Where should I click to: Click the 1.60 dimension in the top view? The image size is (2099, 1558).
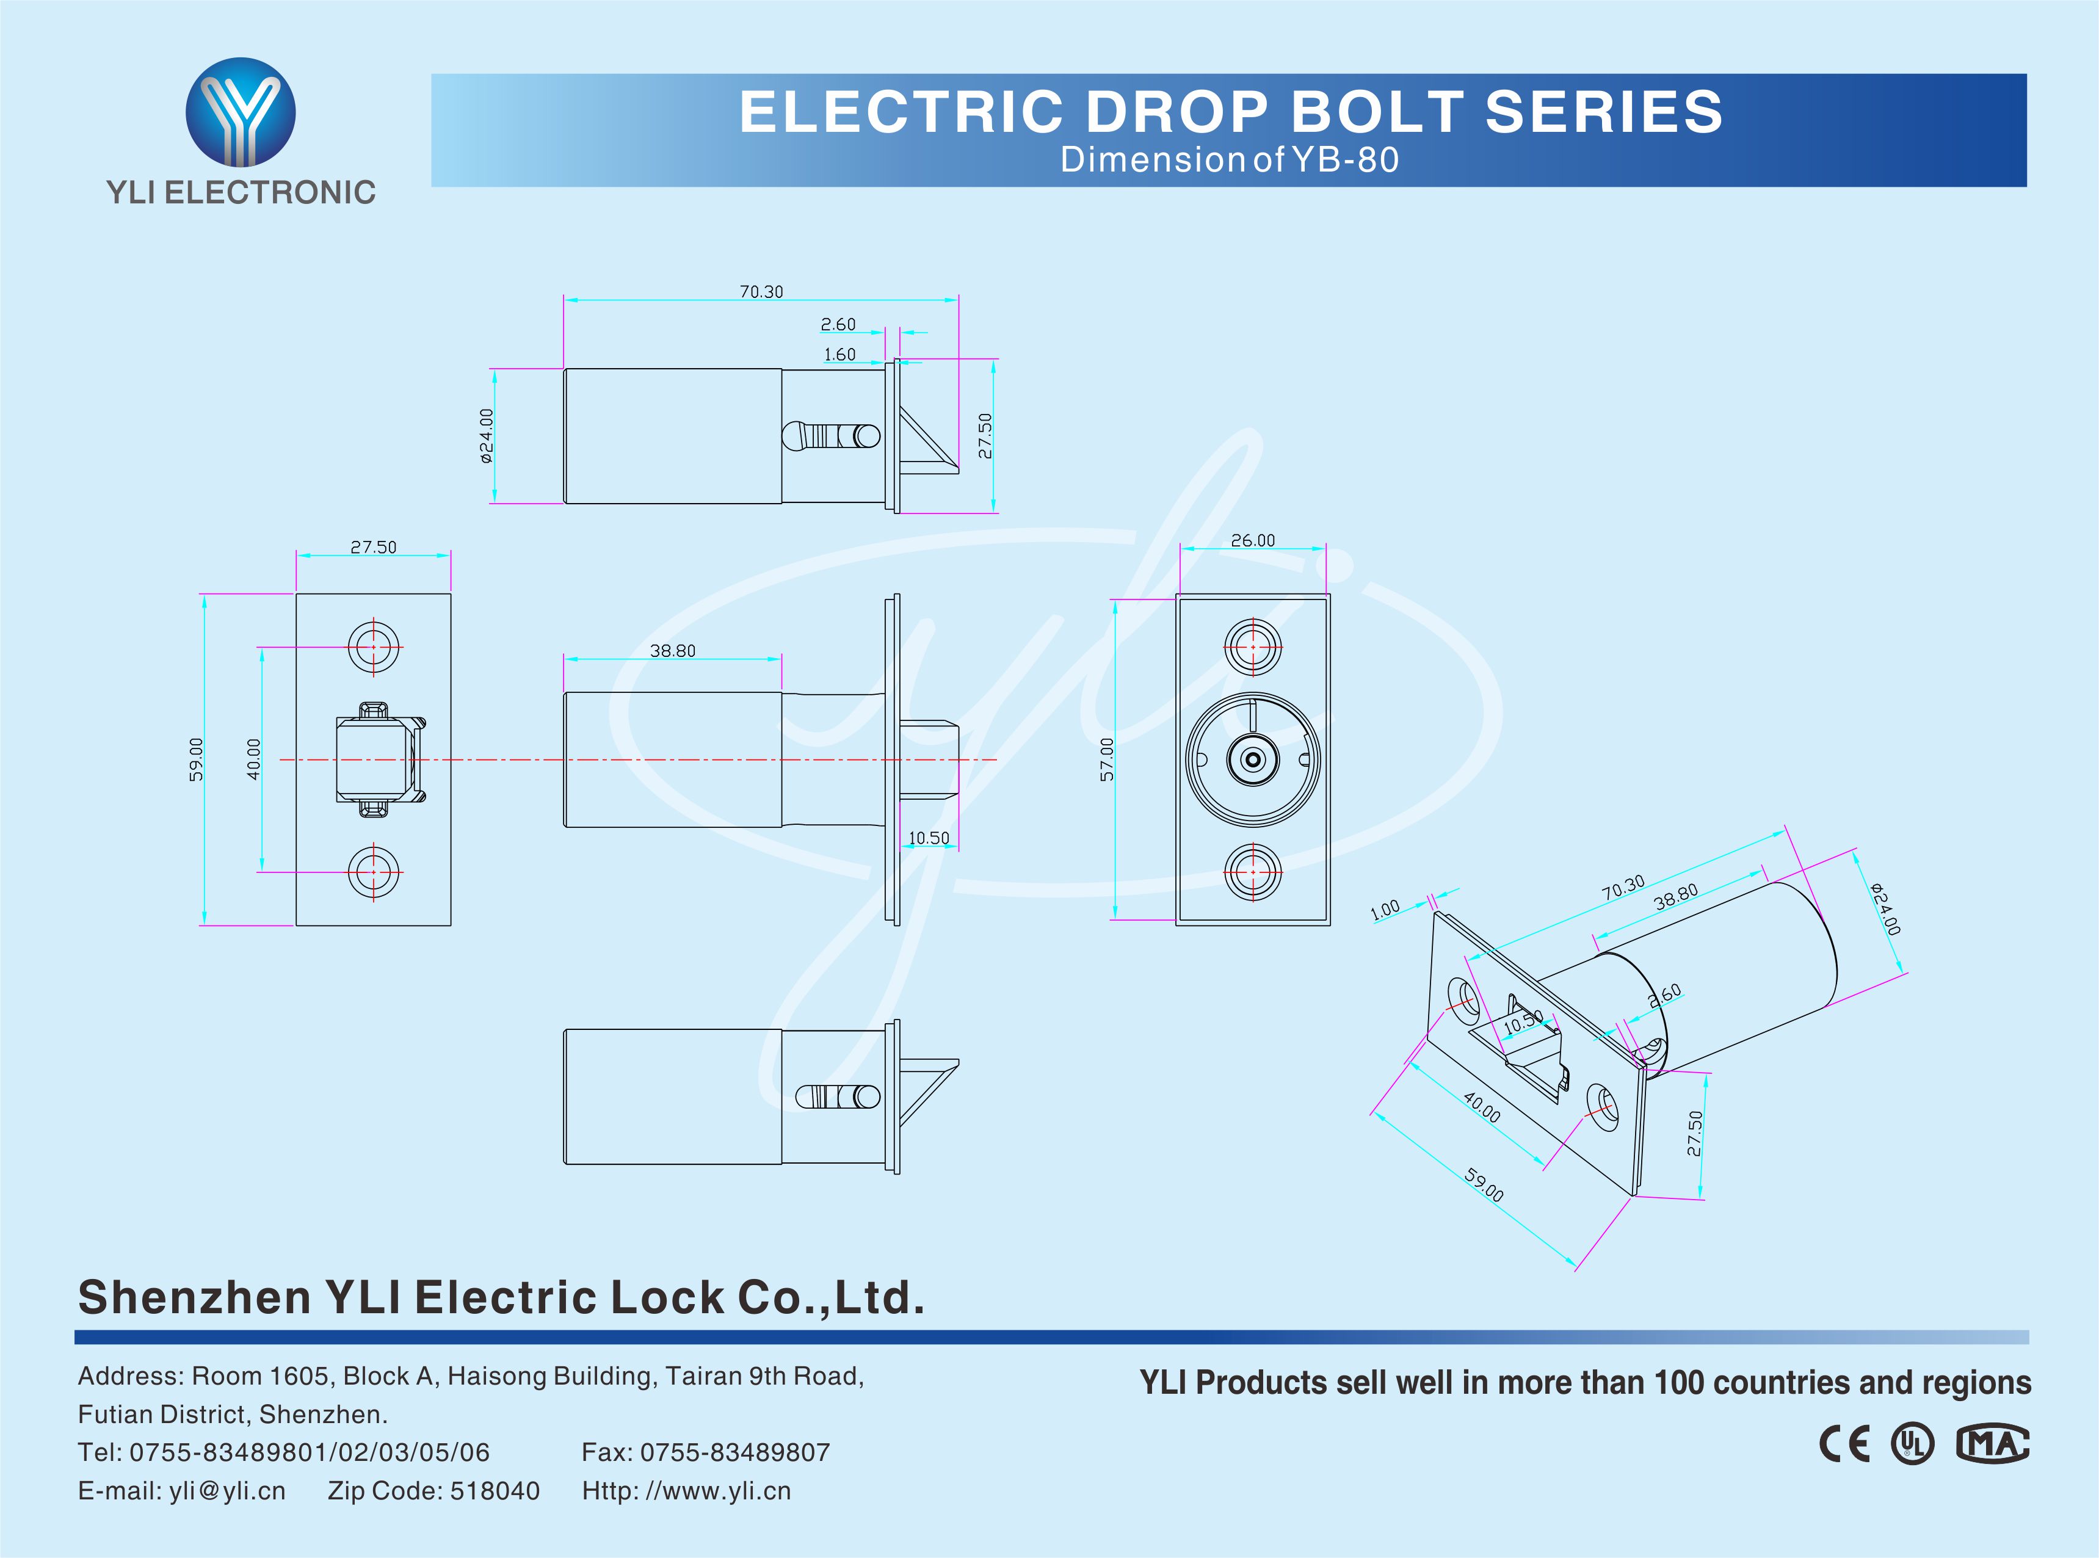[x=839, y=355]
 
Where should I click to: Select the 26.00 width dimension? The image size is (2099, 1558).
[x=1252, y=540]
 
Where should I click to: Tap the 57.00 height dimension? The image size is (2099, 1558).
[x=1107, y=759]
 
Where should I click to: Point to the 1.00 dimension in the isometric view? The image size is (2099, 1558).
[x=1384, y=910]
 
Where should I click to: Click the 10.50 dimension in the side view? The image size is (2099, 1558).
[x=929, y=838]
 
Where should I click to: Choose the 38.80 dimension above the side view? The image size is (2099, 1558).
[x=672, y=651]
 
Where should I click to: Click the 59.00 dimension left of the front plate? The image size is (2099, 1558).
[x=195, y=759]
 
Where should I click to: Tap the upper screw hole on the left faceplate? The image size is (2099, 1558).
[x=374, y=647]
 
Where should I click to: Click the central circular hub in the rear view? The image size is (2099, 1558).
[x=1252, y=759]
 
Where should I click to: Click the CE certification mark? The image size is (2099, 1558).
[x=1844, y=1444]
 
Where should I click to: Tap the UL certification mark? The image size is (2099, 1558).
[x=1912, y=1444]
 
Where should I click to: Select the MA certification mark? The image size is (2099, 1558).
[x=1992, y=1444]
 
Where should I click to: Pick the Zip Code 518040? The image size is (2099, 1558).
[x=433, y=1491]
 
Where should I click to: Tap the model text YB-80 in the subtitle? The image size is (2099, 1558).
[x=1346, y=161]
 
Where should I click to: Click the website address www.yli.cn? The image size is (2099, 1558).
[x=717, y=1491]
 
